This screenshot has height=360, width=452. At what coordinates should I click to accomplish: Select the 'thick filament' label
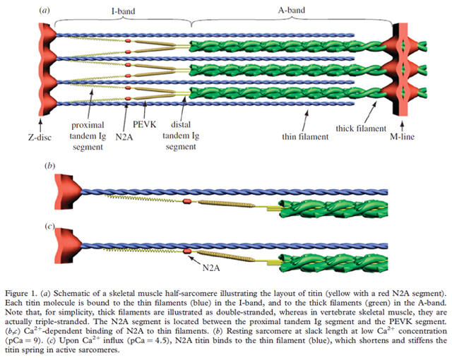(359, 129)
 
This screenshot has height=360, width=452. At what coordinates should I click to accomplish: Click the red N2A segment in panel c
(188, 250)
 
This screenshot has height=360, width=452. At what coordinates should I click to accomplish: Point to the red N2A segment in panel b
(188, 204)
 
